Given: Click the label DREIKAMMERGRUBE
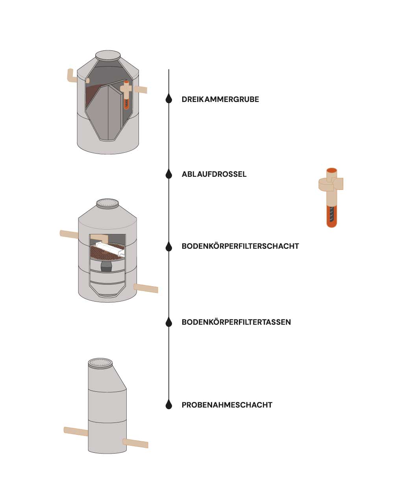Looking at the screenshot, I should click(220, 99).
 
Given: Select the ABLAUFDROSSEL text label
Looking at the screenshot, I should click(214, 174).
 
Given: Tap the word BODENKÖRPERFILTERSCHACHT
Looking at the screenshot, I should click(240, 246).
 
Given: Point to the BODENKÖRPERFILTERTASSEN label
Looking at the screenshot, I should click(236, 322).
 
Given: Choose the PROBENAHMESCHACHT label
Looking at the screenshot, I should click(227, 405).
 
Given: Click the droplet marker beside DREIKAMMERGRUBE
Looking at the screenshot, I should click(169, 99).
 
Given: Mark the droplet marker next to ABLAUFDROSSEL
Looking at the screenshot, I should click(169, 174).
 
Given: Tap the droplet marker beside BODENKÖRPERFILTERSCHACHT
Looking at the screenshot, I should click(169, 246).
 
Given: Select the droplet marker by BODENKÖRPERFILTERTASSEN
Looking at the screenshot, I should click(169, 322).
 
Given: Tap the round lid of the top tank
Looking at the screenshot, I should click(108, 55).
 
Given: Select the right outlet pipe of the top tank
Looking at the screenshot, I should click(141, 89).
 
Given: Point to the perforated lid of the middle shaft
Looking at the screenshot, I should click(108, 203).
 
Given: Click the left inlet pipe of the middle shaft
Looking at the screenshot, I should click(69, 234).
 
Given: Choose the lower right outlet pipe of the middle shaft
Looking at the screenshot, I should click(146, 288).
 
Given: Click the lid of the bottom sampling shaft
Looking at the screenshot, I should click(100, 363).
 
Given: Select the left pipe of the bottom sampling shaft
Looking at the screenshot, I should click(76, 431).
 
